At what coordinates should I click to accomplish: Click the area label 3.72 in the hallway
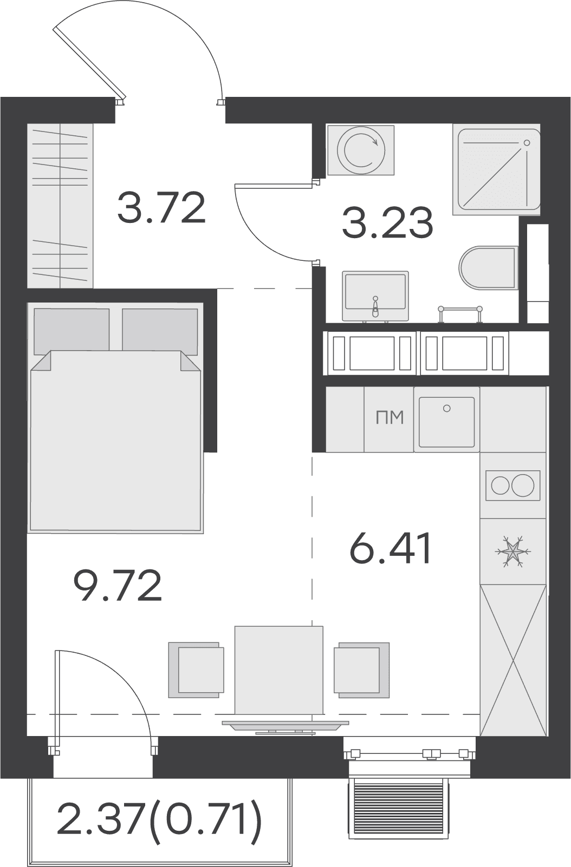pos(161,208)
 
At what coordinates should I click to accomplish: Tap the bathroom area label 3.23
pos(387,223)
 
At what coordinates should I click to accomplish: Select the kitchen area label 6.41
pos(390,548)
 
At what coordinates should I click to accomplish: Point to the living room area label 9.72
pos(117,585)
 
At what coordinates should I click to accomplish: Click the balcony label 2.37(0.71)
pos(159,819)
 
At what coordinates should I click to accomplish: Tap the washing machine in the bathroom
pos(361,150)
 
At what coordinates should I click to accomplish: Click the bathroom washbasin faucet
pos(374,307)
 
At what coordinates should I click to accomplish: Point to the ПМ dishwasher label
pos(390,418)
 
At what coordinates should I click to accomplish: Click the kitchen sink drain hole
pos(446,409)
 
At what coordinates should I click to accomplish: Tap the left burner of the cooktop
pos(499,485)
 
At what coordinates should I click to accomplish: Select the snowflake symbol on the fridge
pos(513,551)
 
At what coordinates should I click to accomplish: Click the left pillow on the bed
pos(72,331)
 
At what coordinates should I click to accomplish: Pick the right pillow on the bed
pos(160,331)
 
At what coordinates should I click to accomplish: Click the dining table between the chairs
pos(279,671)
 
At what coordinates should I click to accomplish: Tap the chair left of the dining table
pos(197,670)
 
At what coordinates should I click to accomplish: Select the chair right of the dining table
pos(362,670)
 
